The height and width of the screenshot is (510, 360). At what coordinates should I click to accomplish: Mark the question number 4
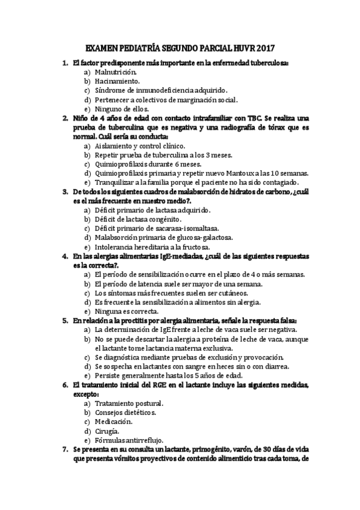[x=65, y=256]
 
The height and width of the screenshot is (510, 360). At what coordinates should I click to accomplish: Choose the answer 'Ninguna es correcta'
[x=126, y=312]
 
